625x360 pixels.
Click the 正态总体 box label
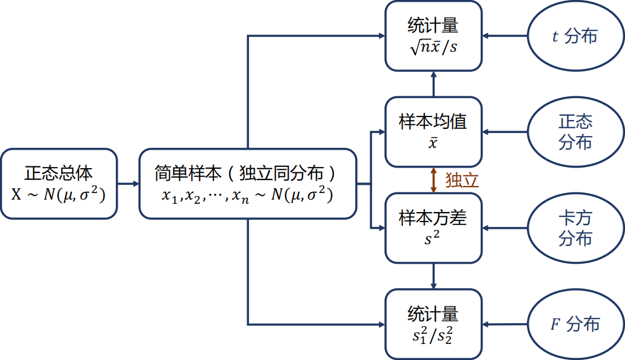click(x=59, y=173)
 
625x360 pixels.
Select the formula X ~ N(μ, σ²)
click(x=59, y=194)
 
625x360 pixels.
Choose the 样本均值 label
click(x=433, y=122)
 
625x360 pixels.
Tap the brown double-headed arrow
click(x=434, y=180)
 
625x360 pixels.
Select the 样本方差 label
click(x=433, y=218)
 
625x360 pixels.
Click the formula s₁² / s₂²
click(x=433, y=335)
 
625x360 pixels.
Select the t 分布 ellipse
click(x=575, y=37)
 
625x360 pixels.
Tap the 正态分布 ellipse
click(x=575, y=132)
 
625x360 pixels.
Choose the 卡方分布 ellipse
click(x=575, y=229)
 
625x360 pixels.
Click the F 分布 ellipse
click(x=575, y=324)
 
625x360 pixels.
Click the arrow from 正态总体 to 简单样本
click(x=128, y=184)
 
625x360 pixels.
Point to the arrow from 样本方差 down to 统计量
click(x=434, y=276)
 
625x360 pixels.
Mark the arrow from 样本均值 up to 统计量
click(x=434, y=84)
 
